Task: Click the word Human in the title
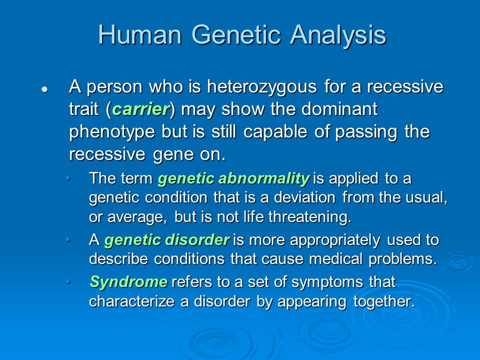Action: pos(140,34)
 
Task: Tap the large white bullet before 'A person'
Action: pos(45,89)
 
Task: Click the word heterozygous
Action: pos(262,87)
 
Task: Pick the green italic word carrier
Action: pos(140,109)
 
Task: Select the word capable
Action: pos(275,131)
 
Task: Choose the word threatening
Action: pos(310,217)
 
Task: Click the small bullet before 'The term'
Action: pos(68,178)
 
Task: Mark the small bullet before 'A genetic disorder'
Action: pos(68,240)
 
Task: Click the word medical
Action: pos(336,259)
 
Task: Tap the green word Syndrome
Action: pos(128,282)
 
